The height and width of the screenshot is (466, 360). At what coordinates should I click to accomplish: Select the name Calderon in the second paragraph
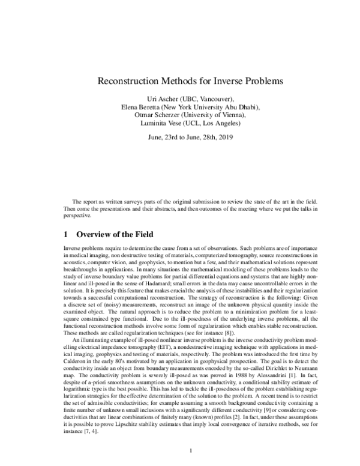click(78, 341)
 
